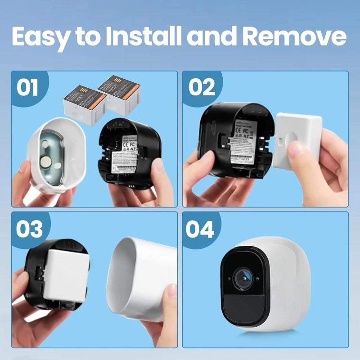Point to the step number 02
coord(202,88)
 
